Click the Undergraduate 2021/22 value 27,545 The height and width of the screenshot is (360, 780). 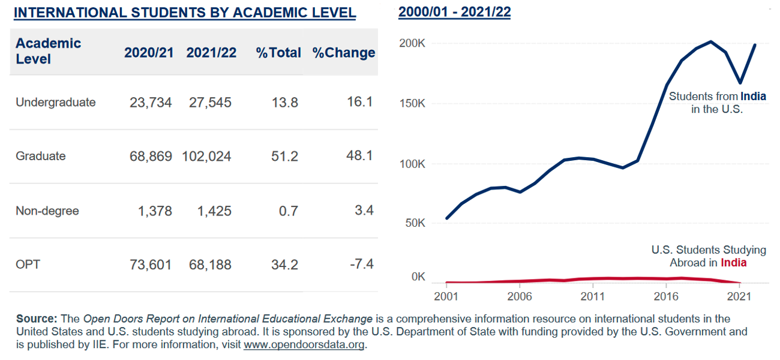209,103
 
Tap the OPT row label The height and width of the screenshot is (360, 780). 28,265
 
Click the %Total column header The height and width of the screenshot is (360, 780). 278,53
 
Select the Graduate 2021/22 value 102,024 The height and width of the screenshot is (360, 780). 206,157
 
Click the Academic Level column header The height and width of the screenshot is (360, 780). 48,51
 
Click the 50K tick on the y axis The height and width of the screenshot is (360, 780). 414,223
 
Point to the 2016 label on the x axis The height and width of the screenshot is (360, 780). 666,297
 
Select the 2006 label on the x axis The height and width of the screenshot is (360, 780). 520,297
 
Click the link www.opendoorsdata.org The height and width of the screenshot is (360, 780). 304,345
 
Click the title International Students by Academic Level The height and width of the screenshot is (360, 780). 185,13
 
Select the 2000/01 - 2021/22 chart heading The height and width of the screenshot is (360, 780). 454,12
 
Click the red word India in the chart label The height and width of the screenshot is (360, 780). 733,263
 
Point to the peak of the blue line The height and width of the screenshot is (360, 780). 710,41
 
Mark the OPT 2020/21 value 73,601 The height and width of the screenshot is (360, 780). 151,265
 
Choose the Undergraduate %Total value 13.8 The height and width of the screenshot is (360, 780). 285,103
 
